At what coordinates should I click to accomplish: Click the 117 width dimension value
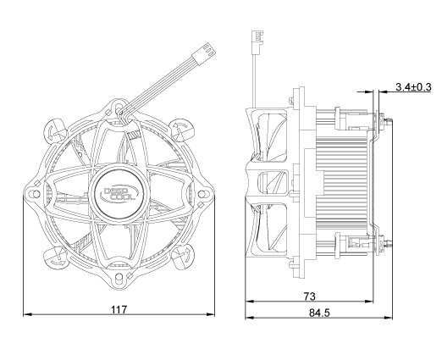tap(118, 310)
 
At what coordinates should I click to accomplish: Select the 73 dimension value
tap(310, 296)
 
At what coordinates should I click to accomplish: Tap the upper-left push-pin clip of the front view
tap(55, 129)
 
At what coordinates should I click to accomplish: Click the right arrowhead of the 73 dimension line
tap(372, 302)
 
